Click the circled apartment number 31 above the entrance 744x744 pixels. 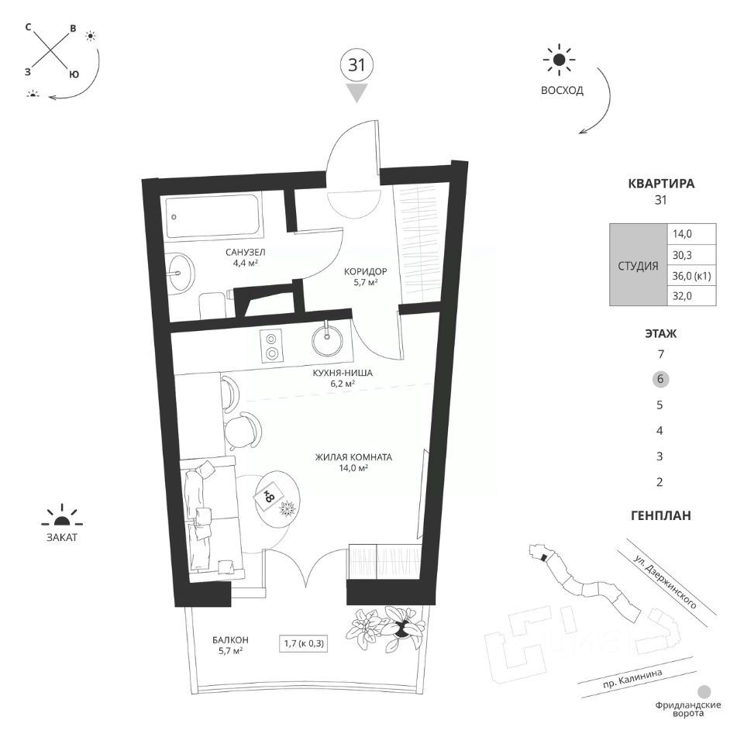356,65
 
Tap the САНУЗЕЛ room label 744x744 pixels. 246,253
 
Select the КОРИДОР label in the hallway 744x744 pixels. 365,272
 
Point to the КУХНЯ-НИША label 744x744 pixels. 343,373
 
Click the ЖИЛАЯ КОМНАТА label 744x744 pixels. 353,457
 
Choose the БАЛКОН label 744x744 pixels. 231,640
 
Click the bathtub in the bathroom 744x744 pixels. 214,217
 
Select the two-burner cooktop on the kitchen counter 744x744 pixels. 271,346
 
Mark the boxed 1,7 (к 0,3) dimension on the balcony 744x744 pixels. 304,644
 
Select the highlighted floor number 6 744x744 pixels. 660,379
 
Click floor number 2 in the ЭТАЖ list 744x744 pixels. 660,482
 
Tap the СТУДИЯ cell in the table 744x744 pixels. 638,266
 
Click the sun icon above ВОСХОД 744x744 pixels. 560,60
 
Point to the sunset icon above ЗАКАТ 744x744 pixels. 62,516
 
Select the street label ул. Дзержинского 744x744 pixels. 665,582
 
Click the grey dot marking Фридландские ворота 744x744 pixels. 704,691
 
